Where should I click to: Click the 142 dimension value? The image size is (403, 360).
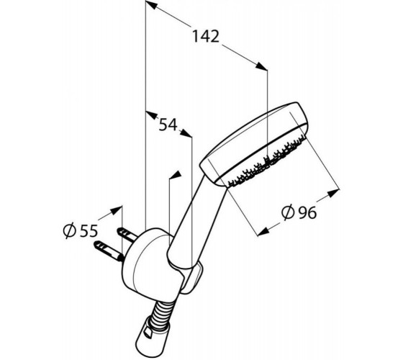coord(206,36)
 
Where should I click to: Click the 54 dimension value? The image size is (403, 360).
coord(168,125)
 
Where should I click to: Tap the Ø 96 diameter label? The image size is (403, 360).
coord(299,212)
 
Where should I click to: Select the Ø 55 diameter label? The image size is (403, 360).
coord(81,230)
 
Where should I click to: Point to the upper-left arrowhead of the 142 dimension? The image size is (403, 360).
coord(151,5)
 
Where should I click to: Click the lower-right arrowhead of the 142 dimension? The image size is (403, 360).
coord(261,66)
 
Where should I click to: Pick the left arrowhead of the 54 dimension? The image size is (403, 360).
coord(152,114)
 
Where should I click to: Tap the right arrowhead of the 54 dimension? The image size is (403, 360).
coord(186,133)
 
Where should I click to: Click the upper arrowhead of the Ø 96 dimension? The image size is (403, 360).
coord(334,193)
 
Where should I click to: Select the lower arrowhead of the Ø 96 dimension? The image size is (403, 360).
coord(263,232)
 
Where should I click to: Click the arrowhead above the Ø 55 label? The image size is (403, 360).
coord(116,210)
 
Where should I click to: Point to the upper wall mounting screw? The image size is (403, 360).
coord(127,234)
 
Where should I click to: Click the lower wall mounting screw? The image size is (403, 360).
coord(109,251)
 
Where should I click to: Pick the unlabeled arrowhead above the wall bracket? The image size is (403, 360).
coord(175,175)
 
